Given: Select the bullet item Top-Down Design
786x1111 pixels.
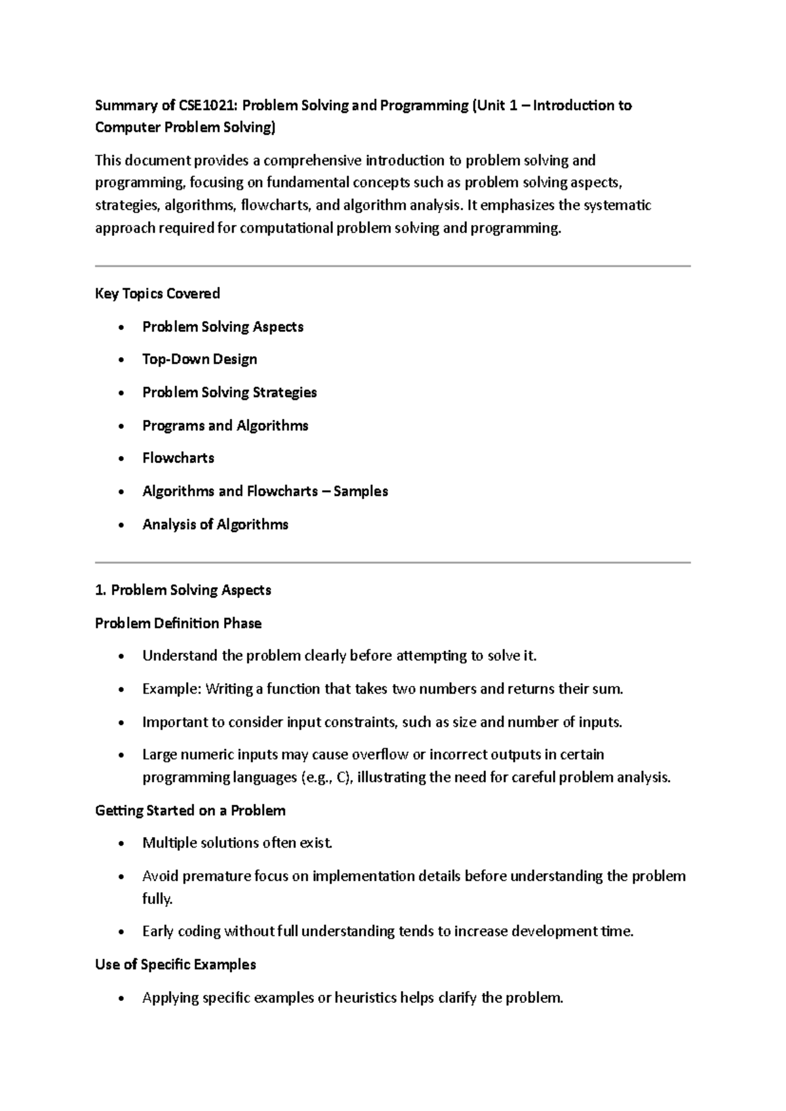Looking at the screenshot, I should [x=199, y=359].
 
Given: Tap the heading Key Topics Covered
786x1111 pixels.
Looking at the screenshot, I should [x=157, y=293].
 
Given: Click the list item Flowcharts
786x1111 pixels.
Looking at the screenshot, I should [x=178, y=458].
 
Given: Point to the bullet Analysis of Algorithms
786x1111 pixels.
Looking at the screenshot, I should [x=215, y=524].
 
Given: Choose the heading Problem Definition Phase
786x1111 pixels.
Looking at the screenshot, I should [x=178, y=623].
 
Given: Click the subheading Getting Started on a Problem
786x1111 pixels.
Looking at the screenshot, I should [x=190, y=810].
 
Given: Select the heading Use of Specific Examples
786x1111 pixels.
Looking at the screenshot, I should [x=176, y=964].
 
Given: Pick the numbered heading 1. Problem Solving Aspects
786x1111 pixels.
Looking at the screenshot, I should [x=183, y=590].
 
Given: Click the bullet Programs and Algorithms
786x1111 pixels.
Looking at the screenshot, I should [x=225, y=426].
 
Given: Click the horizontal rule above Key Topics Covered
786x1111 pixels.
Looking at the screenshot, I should [x=393, y=266].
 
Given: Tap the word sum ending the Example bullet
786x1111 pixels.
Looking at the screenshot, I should [x=609, y=689].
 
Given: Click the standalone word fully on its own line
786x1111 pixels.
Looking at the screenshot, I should [x=157, y=899].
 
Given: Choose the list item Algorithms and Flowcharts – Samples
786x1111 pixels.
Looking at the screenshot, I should [x=265, y=491].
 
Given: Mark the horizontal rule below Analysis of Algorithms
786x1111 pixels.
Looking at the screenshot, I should [x=393, y=562].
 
